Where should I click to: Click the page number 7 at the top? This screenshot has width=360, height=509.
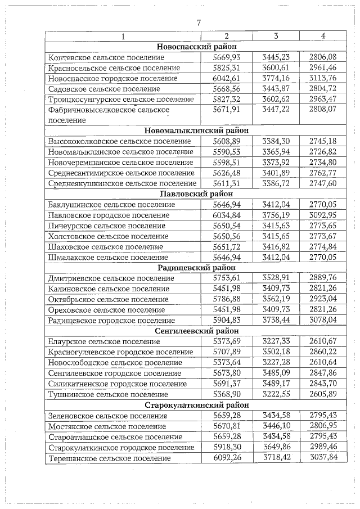[x=198, y=23]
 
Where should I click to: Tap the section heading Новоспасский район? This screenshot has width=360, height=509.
[x=197, y=47]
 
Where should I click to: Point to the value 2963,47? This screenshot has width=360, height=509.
[x=322, y=99]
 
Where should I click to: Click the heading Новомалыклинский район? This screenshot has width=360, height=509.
[x=197, y=130]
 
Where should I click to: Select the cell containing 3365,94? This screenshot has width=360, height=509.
[x=276, y=152]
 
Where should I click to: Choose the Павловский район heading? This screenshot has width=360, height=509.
[x=197, y=194]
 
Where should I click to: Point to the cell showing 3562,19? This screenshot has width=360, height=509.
[x=276, y=299]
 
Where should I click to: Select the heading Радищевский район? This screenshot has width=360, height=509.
[x=197, y=268]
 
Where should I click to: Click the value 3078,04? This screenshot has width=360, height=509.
[x=322, y=320]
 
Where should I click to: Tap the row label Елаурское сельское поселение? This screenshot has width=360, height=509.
[x=102, y=341]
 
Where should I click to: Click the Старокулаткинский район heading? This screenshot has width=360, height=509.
[x=197, y=405]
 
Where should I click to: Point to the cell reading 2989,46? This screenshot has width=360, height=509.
[x=322, y=447]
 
